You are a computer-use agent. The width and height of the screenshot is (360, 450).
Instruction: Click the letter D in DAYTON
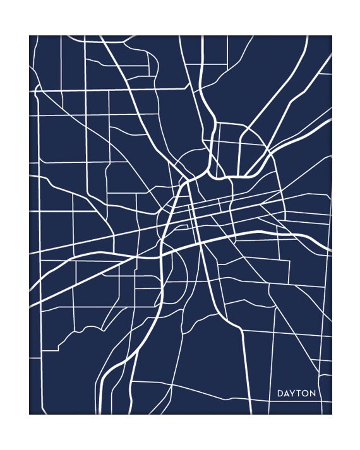coord(280,394)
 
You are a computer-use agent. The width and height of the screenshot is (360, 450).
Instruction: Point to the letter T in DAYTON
coord(299,394)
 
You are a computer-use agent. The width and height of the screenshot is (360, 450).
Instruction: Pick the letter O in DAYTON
coord(306,394)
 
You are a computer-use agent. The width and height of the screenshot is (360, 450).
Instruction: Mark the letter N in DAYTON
coord(313,394)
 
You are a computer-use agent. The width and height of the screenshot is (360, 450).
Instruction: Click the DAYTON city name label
coord(296,394)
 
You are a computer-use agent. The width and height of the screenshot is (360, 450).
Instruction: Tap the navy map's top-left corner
coord(30,36)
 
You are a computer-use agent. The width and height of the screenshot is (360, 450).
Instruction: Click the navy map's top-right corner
coord(331,36)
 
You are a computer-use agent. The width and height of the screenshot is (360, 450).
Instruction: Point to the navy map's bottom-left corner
coord(30,413)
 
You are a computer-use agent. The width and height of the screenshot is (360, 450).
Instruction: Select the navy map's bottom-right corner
coord(331,413)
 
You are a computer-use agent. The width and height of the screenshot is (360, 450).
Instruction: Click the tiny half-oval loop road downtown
coord(181,227)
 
